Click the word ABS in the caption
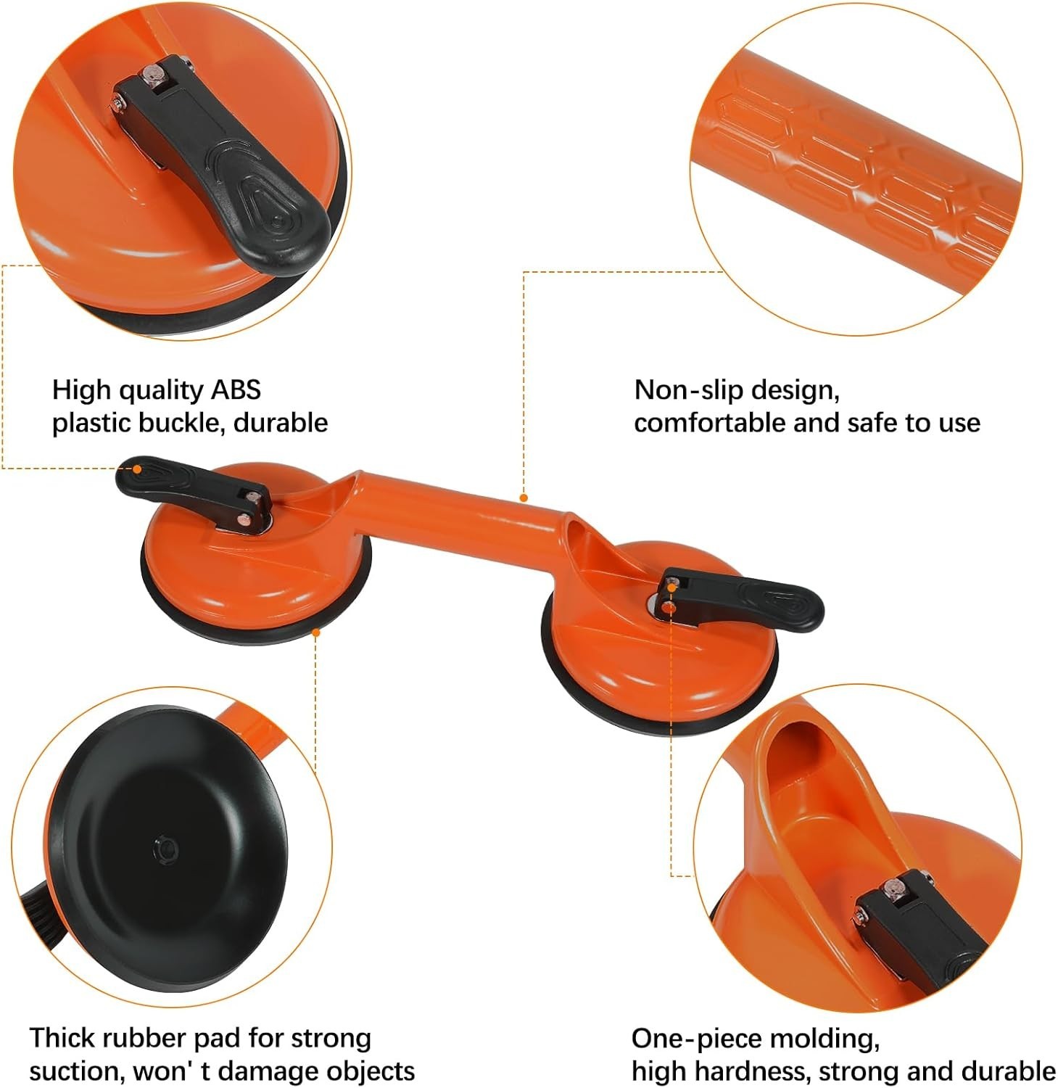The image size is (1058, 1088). click(x=235, y=390)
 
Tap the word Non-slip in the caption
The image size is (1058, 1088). click(x=687, y=390)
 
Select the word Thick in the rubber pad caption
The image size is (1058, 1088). click(x=61, y=1038)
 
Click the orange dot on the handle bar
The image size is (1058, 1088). click(x=524, y=498)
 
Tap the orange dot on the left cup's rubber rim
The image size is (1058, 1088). click(x=316, y=632)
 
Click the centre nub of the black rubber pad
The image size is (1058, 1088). click(x=164, y=848)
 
